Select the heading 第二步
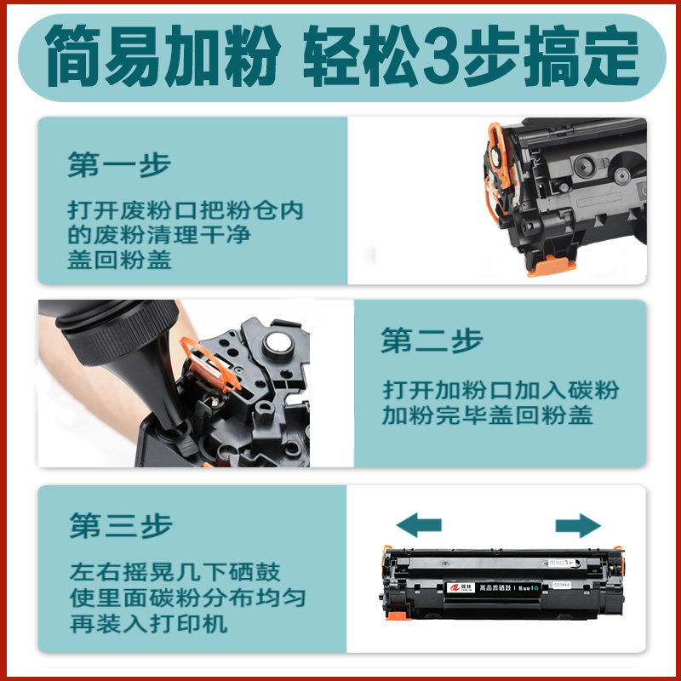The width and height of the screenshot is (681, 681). point(432,340)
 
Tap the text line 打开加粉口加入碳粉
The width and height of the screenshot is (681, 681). point(501,391)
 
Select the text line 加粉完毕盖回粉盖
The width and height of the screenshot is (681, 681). point(488,416)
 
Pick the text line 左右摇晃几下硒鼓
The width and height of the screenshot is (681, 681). point(175,573)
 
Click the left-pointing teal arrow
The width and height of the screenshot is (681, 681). point(419,524)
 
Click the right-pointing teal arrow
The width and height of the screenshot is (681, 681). point(578,524)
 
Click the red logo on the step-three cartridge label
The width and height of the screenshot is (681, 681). point(453,587)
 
